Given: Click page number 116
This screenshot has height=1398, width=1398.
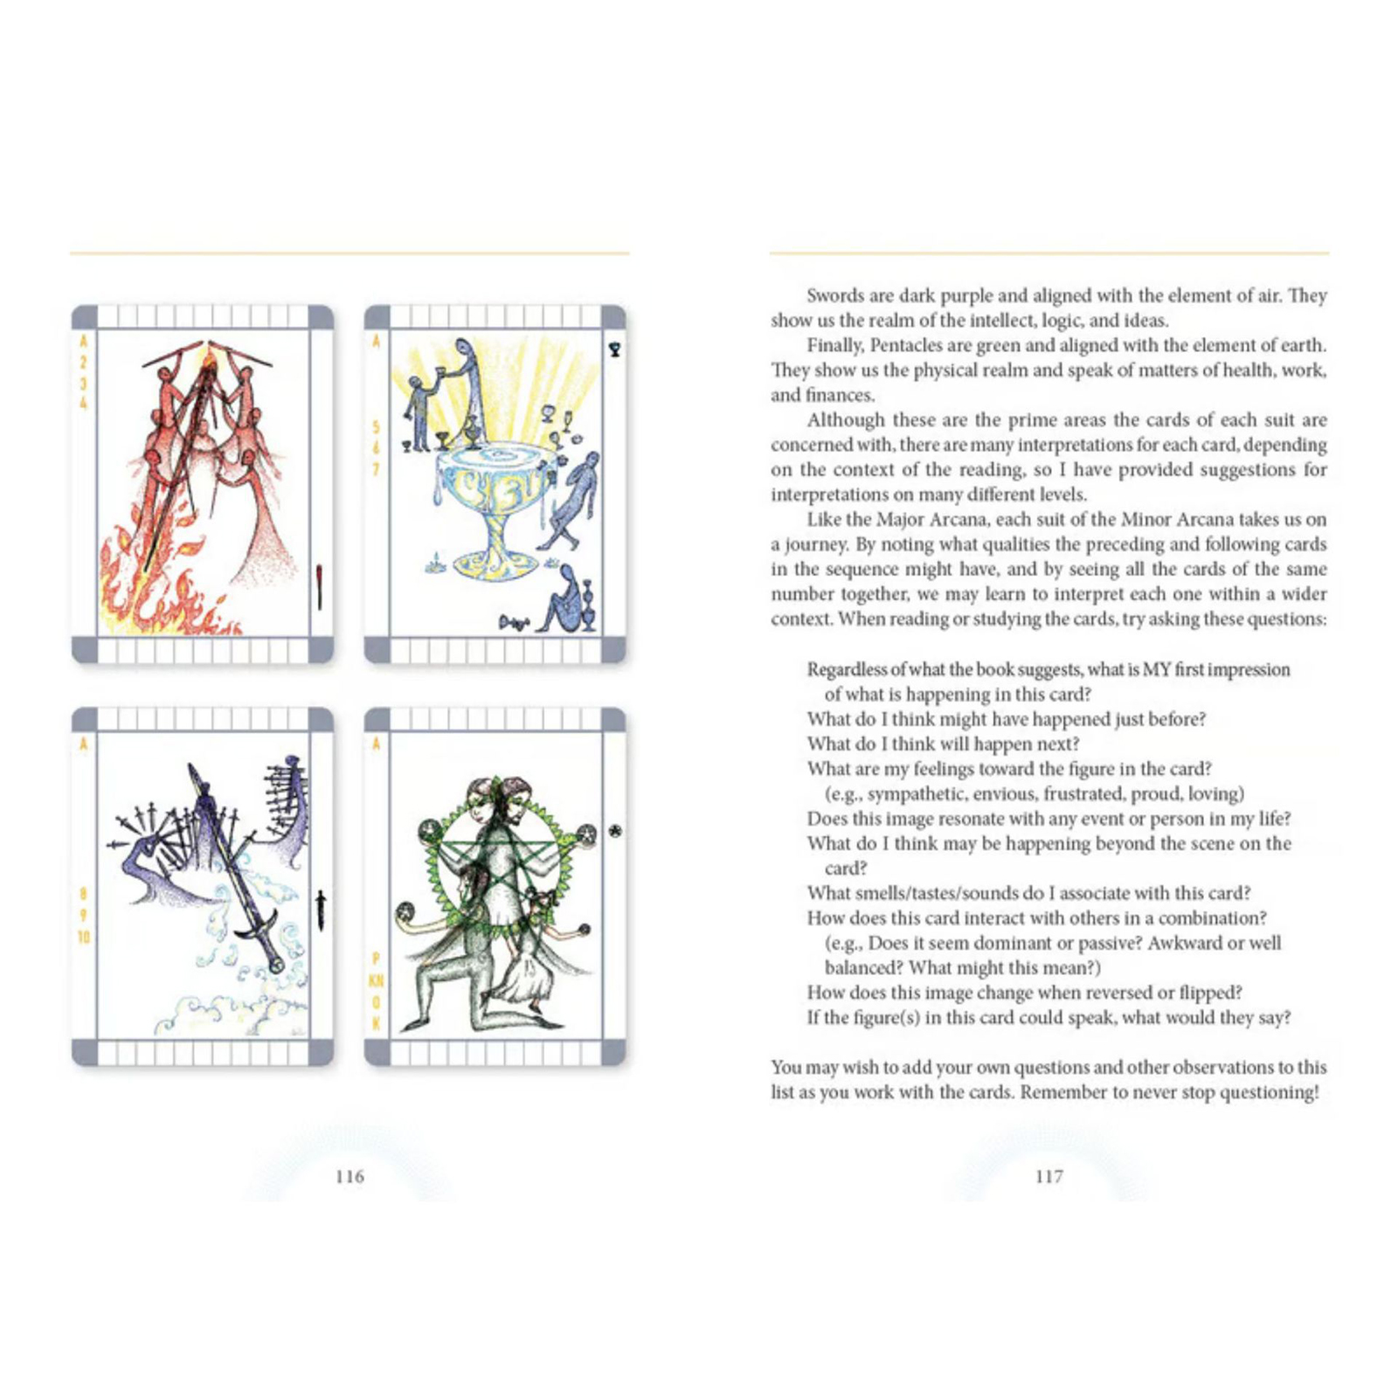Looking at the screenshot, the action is pos(349,1176).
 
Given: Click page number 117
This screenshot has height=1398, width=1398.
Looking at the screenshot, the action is pos(1049,1176).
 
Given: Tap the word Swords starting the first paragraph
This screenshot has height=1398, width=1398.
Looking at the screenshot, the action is pos(836,295).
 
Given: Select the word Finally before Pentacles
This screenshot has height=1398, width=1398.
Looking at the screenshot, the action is pos(835,345).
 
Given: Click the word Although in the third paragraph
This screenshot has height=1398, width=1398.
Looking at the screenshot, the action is pos(846,420).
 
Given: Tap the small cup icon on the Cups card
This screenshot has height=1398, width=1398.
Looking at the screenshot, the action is pos(615,349).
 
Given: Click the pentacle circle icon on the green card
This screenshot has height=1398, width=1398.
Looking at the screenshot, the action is pos(615,831).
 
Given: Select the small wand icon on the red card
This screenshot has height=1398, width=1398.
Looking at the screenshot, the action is pos(320,586).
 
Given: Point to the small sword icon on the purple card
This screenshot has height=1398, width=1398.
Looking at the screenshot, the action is pos(321,911).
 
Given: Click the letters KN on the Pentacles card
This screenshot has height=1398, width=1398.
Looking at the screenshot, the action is pos(377,980).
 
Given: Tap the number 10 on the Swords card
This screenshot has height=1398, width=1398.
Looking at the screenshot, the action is pos(84,937).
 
